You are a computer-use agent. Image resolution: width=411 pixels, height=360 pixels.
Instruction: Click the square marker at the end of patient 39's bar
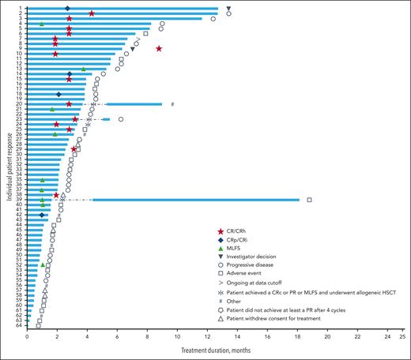pyautogui.click(x=309, y=200)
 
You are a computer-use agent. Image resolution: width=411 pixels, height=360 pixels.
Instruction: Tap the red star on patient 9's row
pyautogui.click(x=160, y=49)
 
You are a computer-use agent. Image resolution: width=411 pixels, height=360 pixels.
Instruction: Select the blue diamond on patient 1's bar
pyautogui.click(x=67, y=8)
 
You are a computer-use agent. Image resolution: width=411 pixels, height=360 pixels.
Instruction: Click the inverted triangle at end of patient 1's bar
pyautogui.click(x=228, y=8)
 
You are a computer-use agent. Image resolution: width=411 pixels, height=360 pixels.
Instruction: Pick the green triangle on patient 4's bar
pyautogui.click(x=42, y=24)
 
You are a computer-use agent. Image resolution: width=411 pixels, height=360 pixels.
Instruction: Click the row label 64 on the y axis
pyautogui.click(x=20, y=325)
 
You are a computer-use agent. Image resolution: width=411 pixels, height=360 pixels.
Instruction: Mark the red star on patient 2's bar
pyautogui.click(x=92, y=13)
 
